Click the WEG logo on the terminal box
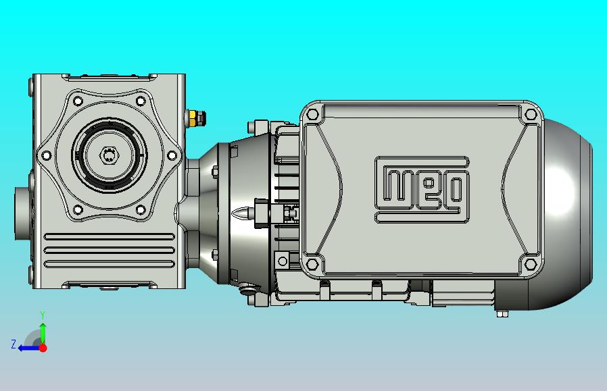pyautogui.click(x=422, y=190)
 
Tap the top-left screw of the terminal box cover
pyautogui.click(x=312, y=115)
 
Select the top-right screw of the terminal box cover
pyautogui.click(x=531, y=115)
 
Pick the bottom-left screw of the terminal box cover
pyautogui.click(x=312, y=265)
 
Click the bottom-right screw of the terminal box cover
pyautogui.click(x=531, y=265)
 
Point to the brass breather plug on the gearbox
pyautogui.click(x=196, y=118)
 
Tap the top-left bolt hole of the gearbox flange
pyautogui.click(x=78, y=101)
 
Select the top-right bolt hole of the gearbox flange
pyautogui.click(x=141, y=101)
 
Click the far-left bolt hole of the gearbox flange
pyautogui.click(x=46, y=155)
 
